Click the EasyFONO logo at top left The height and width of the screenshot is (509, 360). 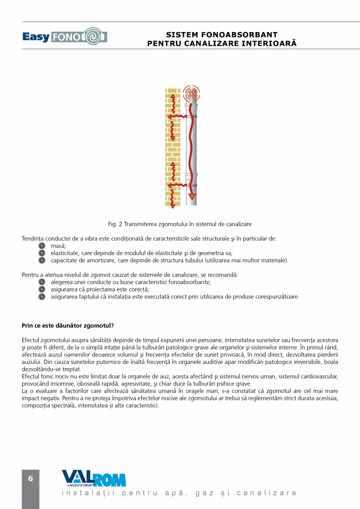[x=65, y=37]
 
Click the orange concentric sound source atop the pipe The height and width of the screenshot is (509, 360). [x=191, y=94]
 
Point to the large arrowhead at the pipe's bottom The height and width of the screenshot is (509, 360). [x=192, y=196]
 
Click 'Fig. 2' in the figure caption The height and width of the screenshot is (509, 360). [x=115, y=224]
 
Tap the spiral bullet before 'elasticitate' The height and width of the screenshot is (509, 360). [x=42, y=253]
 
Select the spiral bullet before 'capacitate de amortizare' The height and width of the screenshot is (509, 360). [x=42, y=260]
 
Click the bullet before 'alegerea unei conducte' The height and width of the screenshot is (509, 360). [x=42, y=282]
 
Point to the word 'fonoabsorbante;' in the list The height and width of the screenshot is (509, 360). [x=192, y=282]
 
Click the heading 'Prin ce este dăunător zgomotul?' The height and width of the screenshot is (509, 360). [x=68, y=326]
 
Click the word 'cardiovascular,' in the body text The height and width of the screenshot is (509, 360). [x=319, y=376]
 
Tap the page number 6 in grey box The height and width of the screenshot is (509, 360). [x=31, y=479]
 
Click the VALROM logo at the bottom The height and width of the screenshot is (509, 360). [x=94, y=478]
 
